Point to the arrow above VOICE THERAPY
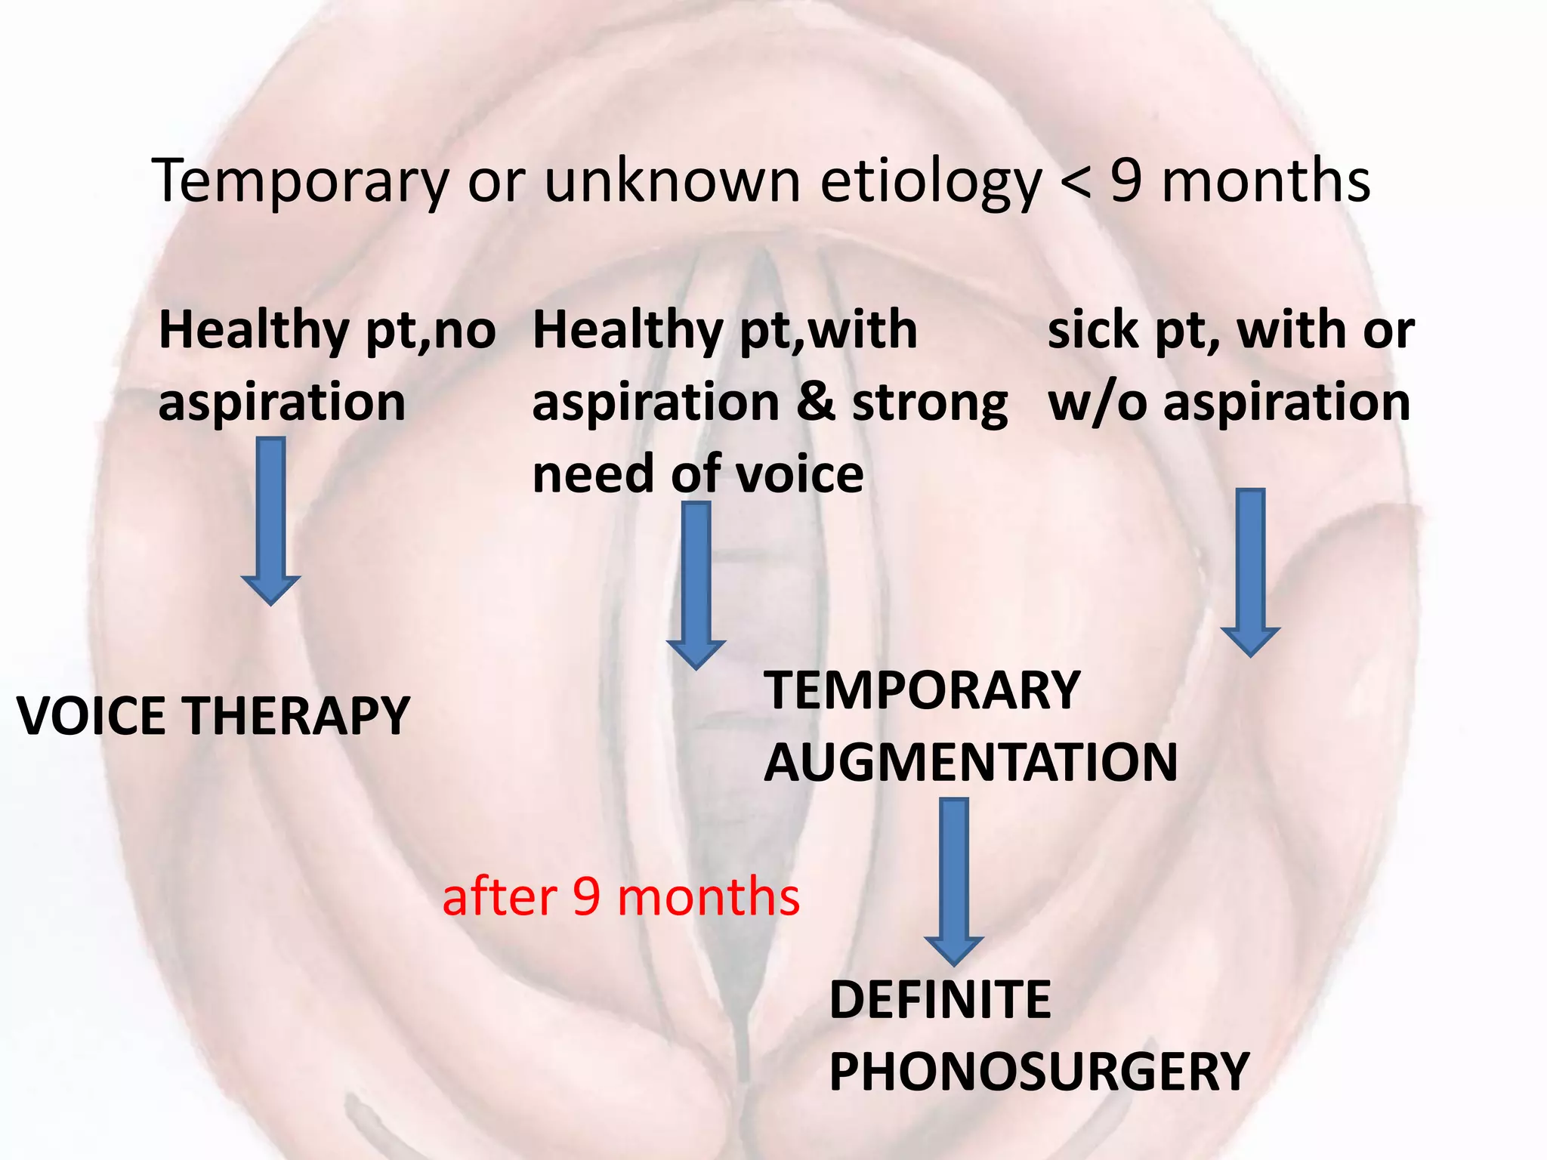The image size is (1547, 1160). click(271, 521)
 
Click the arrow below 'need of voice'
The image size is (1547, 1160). click(696, 585)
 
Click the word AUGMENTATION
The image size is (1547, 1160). click(971, 763)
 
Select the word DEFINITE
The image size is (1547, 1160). click(940, 1000)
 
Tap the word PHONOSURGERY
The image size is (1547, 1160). click(1039, 1072)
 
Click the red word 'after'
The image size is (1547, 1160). click(499, 897)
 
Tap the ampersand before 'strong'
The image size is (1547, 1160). click(816, 403)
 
